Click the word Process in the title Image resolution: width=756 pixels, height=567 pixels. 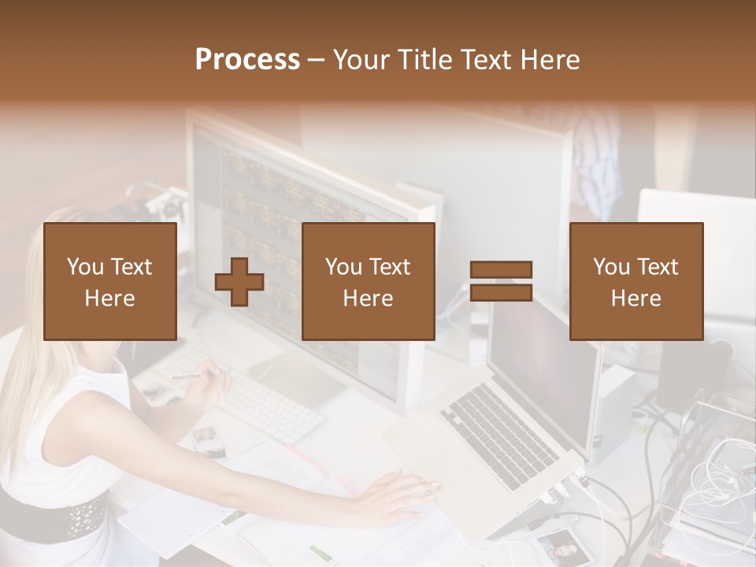247,59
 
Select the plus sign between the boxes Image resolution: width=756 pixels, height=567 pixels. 239,282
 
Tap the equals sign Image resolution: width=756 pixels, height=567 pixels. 501,281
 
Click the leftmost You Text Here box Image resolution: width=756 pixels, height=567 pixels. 109,281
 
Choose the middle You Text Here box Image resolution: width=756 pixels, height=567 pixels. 368,281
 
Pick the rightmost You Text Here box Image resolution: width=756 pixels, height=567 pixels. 636,281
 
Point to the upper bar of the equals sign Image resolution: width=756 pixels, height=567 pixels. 501,270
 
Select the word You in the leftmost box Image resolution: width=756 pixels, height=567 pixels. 85,267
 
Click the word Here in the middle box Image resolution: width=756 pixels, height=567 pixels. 368,298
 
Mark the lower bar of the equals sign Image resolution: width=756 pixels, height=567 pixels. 501,292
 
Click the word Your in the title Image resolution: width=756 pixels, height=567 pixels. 363,59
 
